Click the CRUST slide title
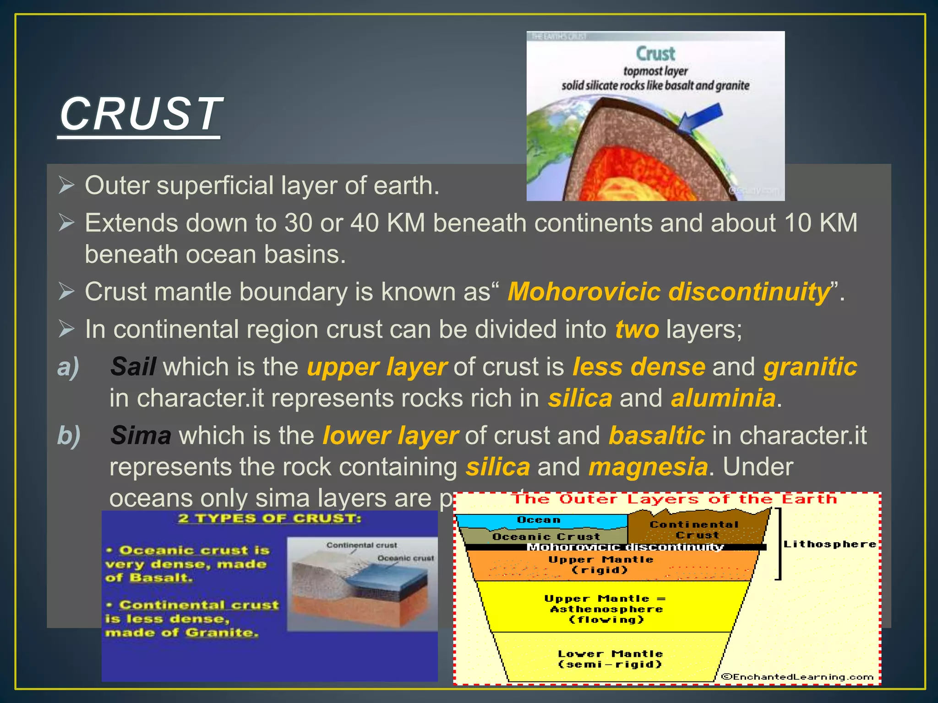[140, 114]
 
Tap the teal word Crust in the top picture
[655, 54]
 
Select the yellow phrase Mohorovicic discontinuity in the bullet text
[669, 292]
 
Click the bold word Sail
[133, 367]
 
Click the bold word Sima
[141, 436]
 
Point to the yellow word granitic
[810, 367]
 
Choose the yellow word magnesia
[648, 467]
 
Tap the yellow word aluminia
[723, 398]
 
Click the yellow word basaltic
[656, 436]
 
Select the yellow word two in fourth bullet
[637, 330]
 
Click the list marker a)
[68, 367]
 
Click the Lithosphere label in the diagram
[829, 544]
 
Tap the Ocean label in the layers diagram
[539, 520]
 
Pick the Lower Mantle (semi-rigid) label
[610, 659]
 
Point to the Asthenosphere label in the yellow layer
[606, 609]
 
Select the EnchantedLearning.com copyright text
[797, 677]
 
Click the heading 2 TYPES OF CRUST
[269, 519]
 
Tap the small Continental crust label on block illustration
[361, 545]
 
